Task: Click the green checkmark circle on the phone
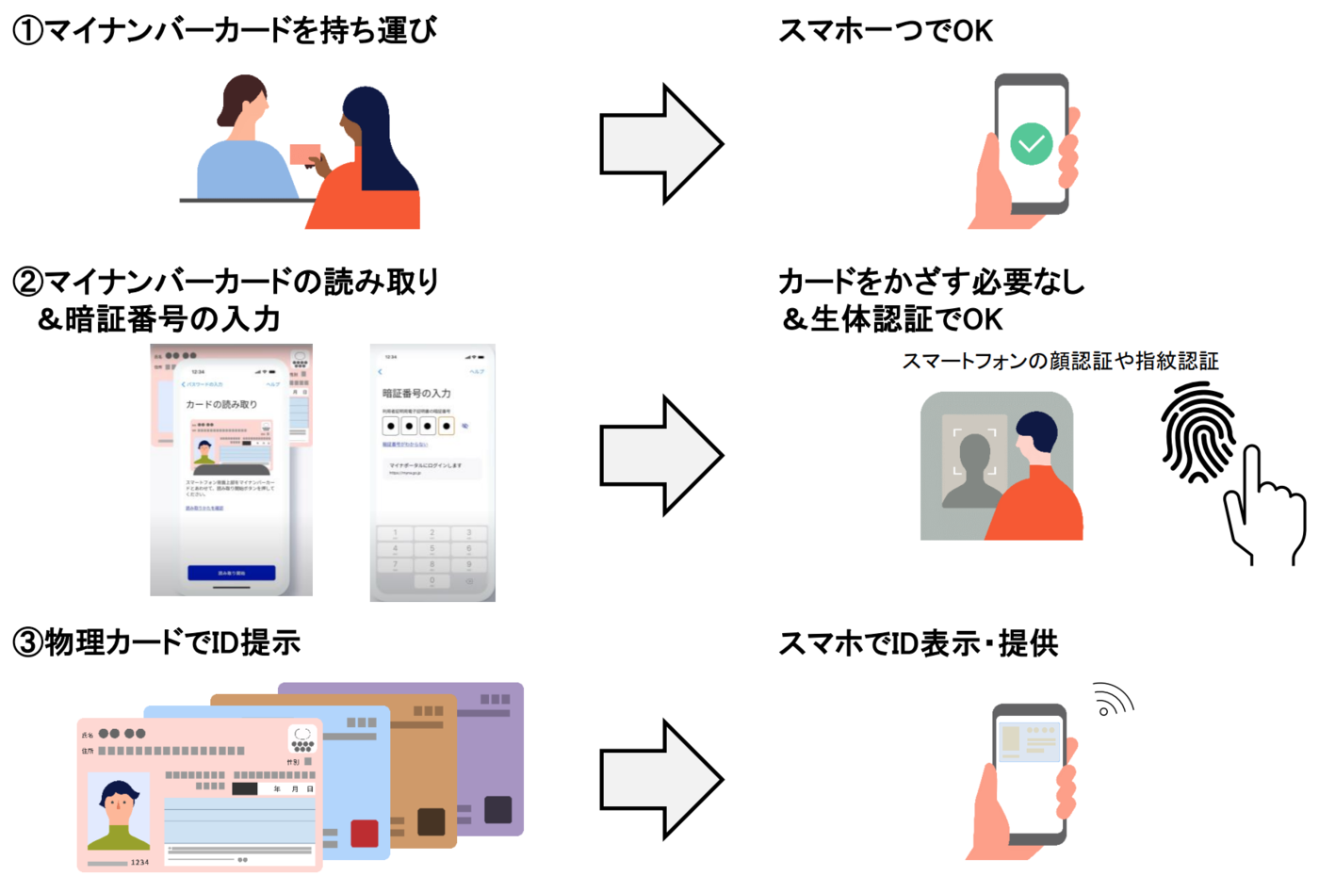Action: click(x=1031, y=144)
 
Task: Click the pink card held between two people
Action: click(x=304, y=154)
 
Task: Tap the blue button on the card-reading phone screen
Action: click(x=231, y=573)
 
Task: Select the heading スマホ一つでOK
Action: click(x=885, y=31)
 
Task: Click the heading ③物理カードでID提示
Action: click(x=156, y=642)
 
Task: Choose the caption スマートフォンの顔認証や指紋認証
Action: click(x=1060, y=361)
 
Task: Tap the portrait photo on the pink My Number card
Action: click(x=119, y=811)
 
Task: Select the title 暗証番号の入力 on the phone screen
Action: click(x=415, y=393)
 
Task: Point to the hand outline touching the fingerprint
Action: click(x=1262, y=509)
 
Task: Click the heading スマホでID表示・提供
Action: click(x=918, y=644)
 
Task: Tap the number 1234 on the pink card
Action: click(x=139, y=862)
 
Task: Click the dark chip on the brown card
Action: click(x=431, y=821)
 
